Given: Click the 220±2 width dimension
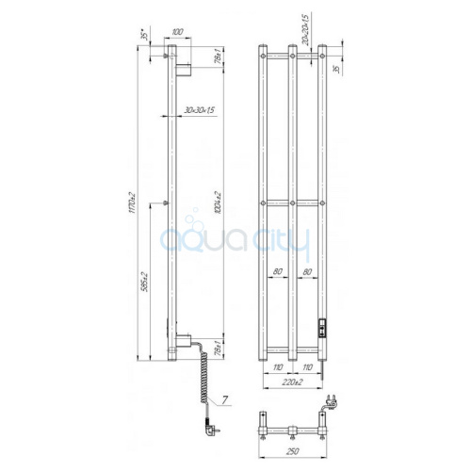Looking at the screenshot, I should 294,383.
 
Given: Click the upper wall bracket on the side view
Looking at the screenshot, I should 184,67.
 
